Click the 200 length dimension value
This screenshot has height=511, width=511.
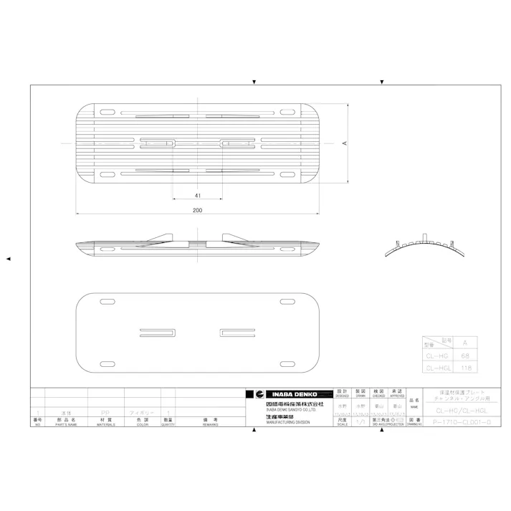pos(197,210)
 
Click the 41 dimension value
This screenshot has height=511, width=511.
pos(197,195)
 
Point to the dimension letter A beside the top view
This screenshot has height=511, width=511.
pos(344,143)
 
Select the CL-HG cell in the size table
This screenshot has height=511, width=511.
pos(437,355)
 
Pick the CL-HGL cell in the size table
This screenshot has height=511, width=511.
pos(437,368)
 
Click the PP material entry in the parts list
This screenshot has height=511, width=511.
pos(105,413)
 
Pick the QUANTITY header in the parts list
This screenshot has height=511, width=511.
pos(168,424)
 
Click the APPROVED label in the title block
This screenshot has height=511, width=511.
pos(398,396)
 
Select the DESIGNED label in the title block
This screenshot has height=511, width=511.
pos(342,396)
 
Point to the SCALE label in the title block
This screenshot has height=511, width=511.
pos(342,424)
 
